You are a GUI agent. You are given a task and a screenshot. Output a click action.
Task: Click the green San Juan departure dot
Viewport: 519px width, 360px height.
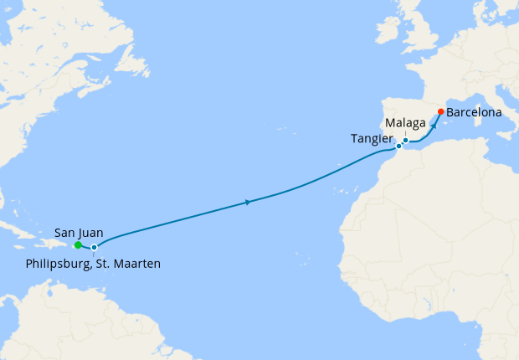click(x=77, y=245)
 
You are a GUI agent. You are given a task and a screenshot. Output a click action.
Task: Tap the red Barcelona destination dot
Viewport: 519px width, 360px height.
click(x=441, y=111)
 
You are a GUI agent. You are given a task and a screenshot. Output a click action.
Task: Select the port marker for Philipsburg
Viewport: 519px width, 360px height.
click(x=95, y=247)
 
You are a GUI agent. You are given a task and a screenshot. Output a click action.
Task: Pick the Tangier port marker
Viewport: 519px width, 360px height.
click(x=398, y=147)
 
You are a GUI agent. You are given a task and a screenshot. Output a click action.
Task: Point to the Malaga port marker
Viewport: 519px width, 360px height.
click(x=405, y=141)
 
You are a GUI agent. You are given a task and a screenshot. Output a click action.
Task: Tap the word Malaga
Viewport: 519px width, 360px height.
click(x=404, y=124)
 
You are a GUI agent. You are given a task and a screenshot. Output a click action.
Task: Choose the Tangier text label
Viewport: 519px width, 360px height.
click(x=371, y=138)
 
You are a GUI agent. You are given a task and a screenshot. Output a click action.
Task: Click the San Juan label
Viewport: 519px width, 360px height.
click(x=79, y=232)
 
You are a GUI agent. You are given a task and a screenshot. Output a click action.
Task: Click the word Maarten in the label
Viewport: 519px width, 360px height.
click(x=138, y=264)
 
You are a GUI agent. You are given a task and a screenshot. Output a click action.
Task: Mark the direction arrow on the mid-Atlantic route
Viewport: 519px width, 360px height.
click(x=248, y=202)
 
